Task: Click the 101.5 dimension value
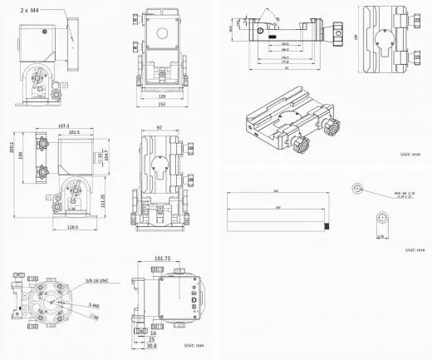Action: pos(73,132)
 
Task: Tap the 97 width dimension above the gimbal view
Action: pos(159,126)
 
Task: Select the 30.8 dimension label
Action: pos(151,346)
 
